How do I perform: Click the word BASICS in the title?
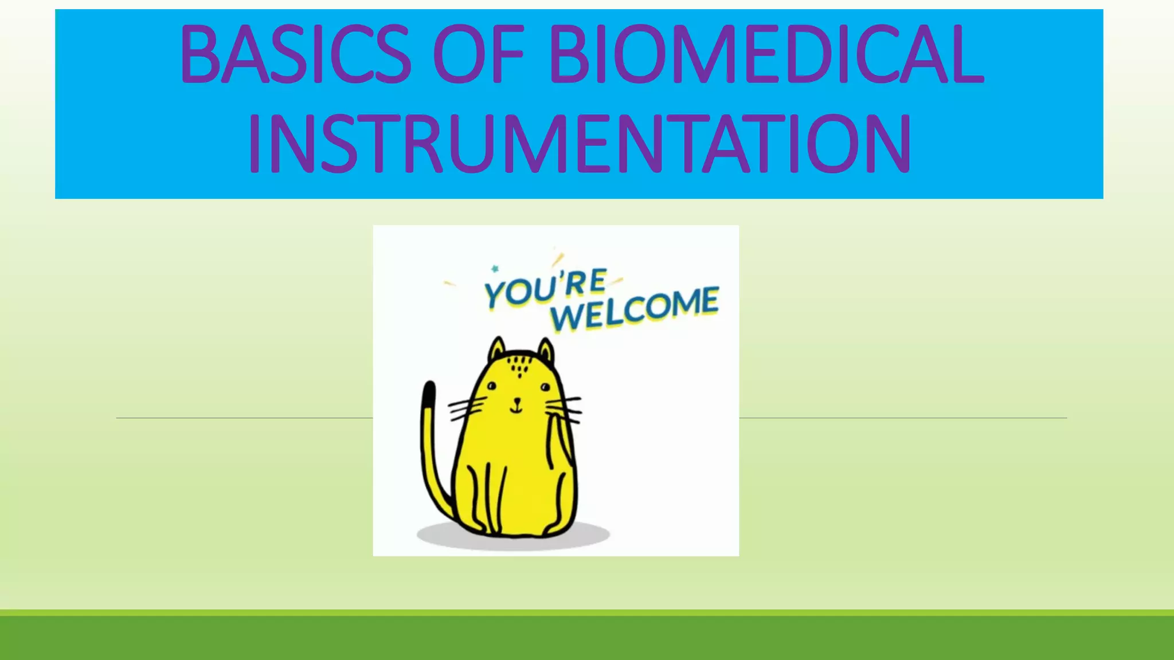click(295, 56)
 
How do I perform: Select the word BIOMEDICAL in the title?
click(766, 56)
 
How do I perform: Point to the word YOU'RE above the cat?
click(545, 288)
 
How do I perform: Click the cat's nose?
click(517, 400)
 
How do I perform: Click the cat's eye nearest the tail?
click(491, 387)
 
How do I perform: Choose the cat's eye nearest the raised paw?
click(545, 388)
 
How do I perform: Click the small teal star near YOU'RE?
click(495, 268)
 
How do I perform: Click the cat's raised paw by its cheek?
click(559, 435)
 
